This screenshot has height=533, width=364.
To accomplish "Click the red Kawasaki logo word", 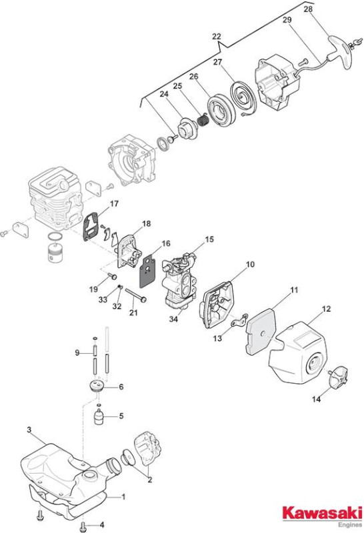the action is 323,513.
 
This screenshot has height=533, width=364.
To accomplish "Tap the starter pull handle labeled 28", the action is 341,51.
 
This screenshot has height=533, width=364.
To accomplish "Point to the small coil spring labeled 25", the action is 204,120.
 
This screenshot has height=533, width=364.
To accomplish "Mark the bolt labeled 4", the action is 83,526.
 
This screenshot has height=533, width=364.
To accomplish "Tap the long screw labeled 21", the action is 136,295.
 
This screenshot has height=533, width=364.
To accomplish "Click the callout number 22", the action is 217,37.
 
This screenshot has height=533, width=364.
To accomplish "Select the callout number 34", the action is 173,319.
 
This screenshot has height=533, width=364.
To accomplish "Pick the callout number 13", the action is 217,338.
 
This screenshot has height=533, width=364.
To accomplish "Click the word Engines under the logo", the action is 351,525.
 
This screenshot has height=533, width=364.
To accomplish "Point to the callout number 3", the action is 29,430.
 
